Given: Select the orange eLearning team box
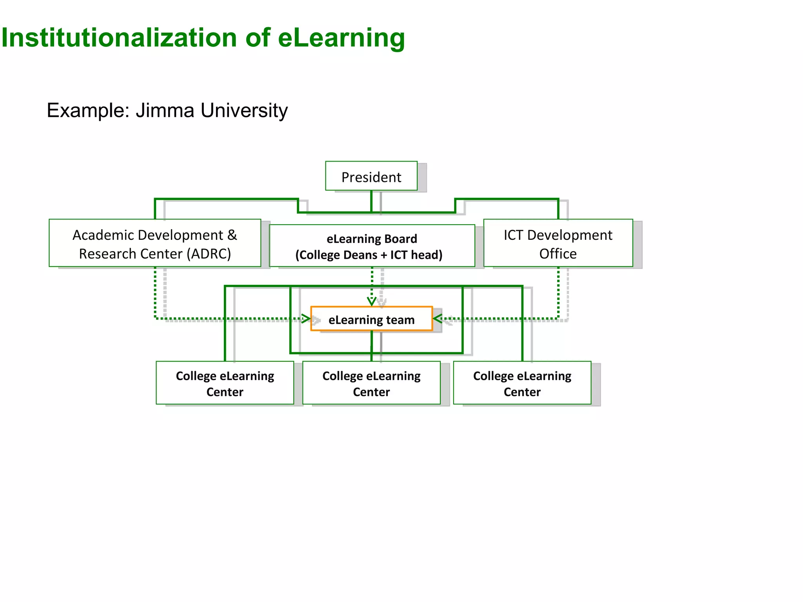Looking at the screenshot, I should click(371, 319).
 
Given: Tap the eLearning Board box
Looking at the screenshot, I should click(372, 246).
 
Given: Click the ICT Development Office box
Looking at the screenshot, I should click(558, 243).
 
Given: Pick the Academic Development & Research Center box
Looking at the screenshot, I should click(155, 243).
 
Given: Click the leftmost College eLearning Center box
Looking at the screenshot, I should click(225, 383).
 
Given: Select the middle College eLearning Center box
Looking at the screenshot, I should click(371, 383).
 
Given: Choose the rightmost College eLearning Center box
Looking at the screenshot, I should click(522, 383).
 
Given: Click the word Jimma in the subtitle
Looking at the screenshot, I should click(165, 111).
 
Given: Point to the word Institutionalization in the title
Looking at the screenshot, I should click(119, 38).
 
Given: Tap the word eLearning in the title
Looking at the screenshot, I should click(341, 38).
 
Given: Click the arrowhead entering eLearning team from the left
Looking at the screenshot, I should click(306, 318).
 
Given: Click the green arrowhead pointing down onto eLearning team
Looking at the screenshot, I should click(372, 301).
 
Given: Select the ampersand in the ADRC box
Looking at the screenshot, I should click(232, 235).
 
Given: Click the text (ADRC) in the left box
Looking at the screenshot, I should click(208, 254).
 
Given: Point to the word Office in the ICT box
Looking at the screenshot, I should click(558, 254).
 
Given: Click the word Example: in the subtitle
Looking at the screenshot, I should click(88, 111).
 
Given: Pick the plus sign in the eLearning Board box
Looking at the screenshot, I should click(383, 255).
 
